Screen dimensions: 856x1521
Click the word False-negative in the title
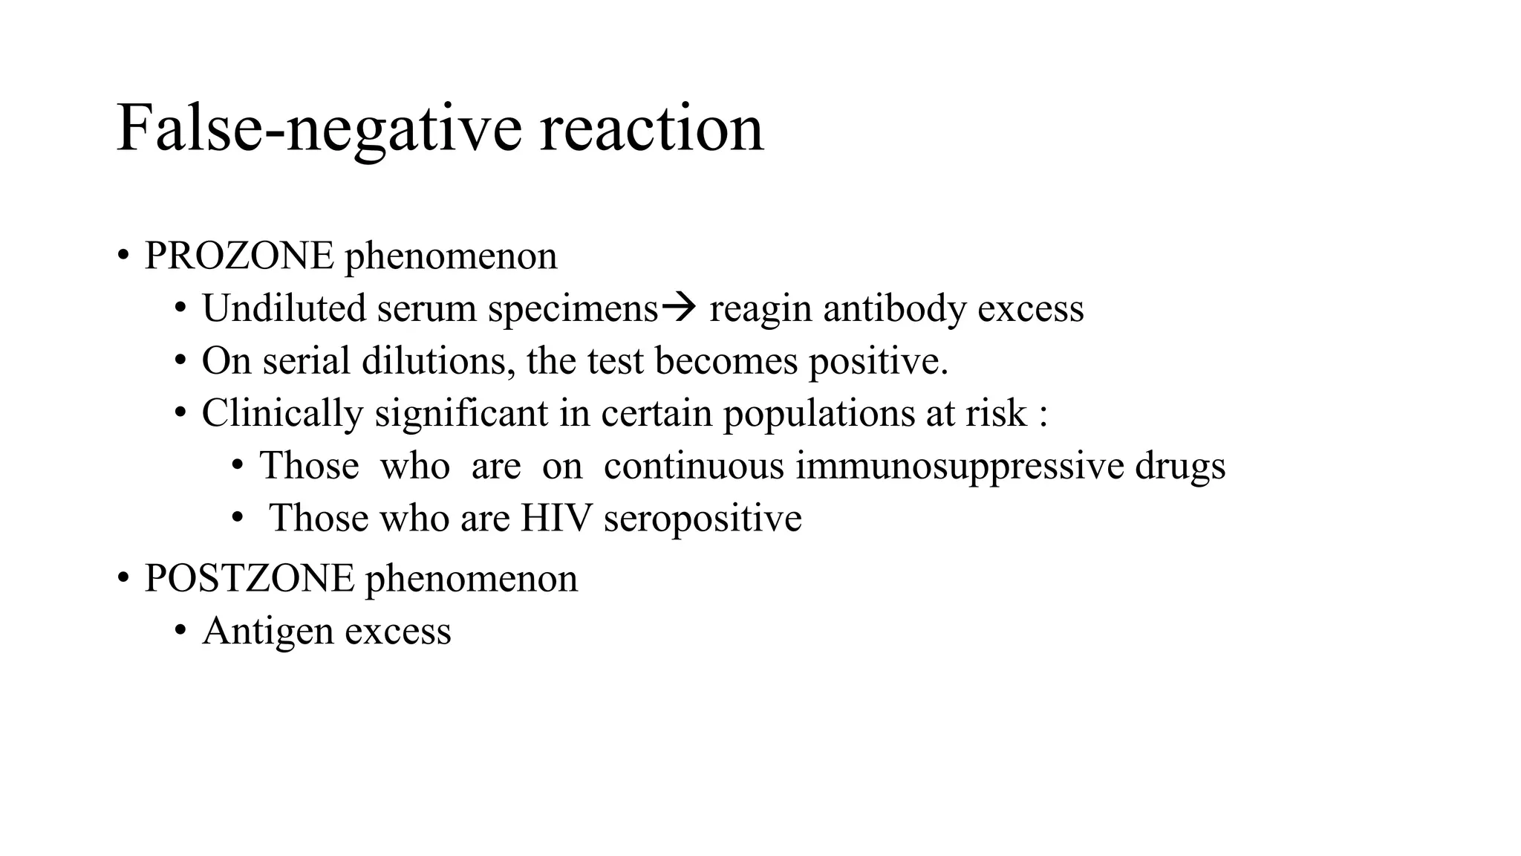(x=319, y=129)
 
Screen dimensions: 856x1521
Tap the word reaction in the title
(x=651, y=129)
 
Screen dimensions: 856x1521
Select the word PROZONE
(x=239, y=256)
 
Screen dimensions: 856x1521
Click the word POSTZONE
(x=250, y=578)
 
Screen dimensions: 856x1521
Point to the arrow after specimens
(x=678, y=306)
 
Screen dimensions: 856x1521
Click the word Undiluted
(x=284, y=308)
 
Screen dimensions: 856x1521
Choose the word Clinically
(x=282, y=414)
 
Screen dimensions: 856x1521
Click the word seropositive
(x=703, y=519)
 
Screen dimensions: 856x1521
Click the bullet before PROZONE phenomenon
(x=123, y=256)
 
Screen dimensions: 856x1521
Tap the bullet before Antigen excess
(x=180, y=632)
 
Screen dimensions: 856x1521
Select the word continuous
(x=694, y=467)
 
